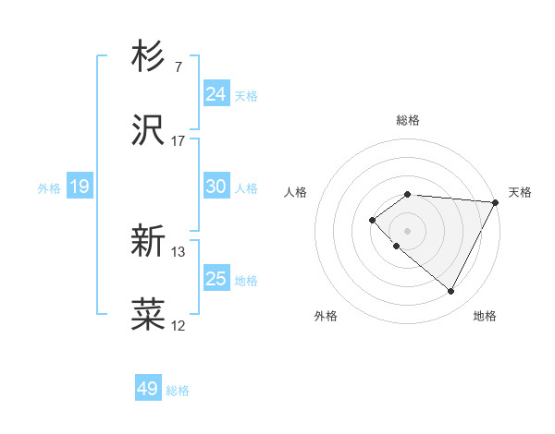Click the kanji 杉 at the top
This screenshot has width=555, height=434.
click(x=149, y=57)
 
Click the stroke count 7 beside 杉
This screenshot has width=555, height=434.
click(x=178, y=67)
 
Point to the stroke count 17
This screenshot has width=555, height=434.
click(x=179, y=141)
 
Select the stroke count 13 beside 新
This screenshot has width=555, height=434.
click(x=179, y=251)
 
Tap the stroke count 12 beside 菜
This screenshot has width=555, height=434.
click(x=179, y=325)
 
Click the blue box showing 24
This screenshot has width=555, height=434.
click(x=216, y=94)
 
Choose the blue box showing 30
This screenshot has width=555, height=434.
click(x=216, y=187)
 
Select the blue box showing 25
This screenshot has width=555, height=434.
click(x=216, y=279)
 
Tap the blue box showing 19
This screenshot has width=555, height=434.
click(x=80, y=187)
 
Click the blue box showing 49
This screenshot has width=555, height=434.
click(x=148, y=389)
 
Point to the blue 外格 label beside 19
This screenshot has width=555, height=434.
click(x=49, y=187)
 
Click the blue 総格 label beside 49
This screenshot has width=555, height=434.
click(x=178, y=391)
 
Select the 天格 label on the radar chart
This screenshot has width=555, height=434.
click(x=520, y=192)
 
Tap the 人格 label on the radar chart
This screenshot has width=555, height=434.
click(x=296, y=192)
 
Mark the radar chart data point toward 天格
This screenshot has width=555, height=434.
click(x=496, y=202)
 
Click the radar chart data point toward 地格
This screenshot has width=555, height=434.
click(x=450, y=292)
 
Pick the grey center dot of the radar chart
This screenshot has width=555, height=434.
click(x=407, y=230)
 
